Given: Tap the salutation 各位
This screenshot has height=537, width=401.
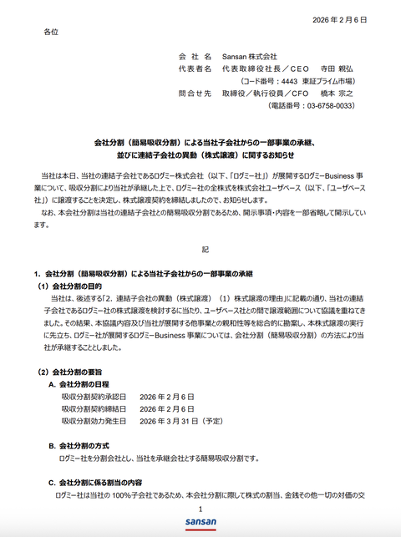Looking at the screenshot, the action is pyautogui.click(x=52, y=31).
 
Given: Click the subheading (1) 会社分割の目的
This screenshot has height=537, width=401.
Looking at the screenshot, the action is pyautogui.click(x=75, y=286).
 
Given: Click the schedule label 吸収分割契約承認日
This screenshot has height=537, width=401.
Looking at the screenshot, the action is pyautogui.click(x=93, y=396).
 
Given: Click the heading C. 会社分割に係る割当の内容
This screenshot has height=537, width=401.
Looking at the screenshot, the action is pyautogui.click(x=101, y=483).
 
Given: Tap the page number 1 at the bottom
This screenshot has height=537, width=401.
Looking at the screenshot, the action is pyautogui.click(x=200, y=509).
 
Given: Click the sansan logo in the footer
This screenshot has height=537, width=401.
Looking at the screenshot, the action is pyautogui.click(x=200, y=524).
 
